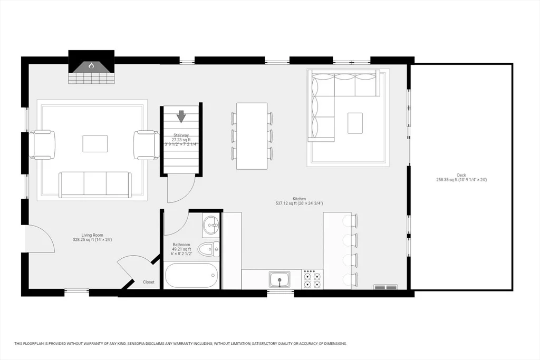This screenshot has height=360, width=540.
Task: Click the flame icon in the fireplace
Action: tap(91, 65)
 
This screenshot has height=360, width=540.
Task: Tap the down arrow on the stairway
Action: tap(181, 116)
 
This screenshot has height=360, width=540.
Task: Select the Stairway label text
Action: tap(181, 135)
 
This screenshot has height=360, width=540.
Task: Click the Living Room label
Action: tap(92, 235)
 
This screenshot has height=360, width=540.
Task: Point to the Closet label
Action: tap(149, 282)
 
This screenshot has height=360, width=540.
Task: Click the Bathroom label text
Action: tap(181, 245)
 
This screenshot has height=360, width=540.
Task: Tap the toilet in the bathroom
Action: tap(209, 249)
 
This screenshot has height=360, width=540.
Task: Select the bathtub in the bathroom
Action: tap(191, 275)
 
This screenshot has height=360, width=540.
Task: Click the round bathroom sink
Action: tap(210, 226)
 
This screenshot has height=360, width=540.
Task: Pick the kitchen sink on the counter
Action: tap(279, 279)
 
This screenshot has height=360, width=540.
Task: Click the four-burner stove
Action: tap(312, 279)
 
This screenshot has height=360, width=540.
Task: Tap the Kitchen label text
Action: tap(300, 199)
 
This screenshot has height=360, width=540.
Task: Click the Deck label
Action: tap(461, 175)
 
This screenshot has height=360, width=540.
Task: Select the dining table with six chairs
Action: tap(252, 136)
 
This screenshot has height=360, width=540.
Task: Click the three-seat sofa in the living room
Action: tap(95, 185)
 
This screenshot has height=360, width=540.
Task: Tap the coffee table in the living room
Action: tap(95, 143)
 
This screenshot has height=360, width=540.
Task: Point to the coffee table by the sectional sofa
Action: tap(355, 123)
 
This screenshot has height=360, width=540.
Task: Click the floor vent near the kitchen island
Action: tap(385, 287)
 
